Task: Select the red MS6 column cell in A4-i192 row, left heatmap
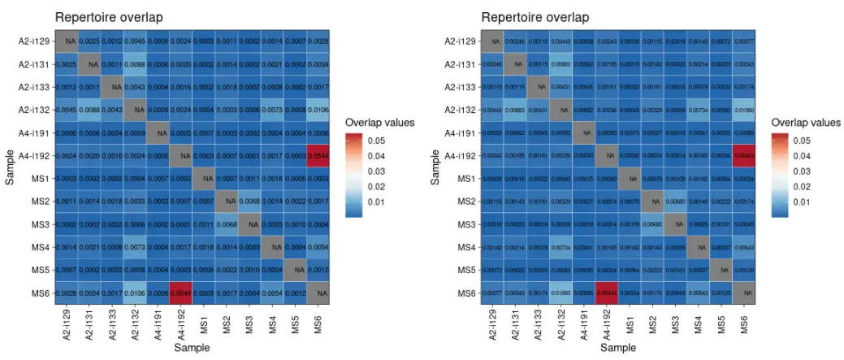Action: pos(318,154)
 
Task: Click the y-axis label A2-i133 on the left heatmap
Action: pos(38,86)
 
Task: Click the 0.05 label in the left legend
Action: pos(378,141)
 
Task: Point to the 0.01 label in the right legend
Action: pos(803,202)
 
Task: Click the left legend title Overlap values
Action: pos(380,122)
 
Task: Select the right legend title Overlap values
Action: pos(806,122)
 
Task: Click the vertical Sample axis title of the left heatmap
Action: pos(10,167)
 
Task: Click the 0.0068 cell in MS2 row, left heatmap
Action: pos(249,201)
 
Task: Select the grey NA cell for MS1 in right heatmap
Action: pos(630,178)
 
